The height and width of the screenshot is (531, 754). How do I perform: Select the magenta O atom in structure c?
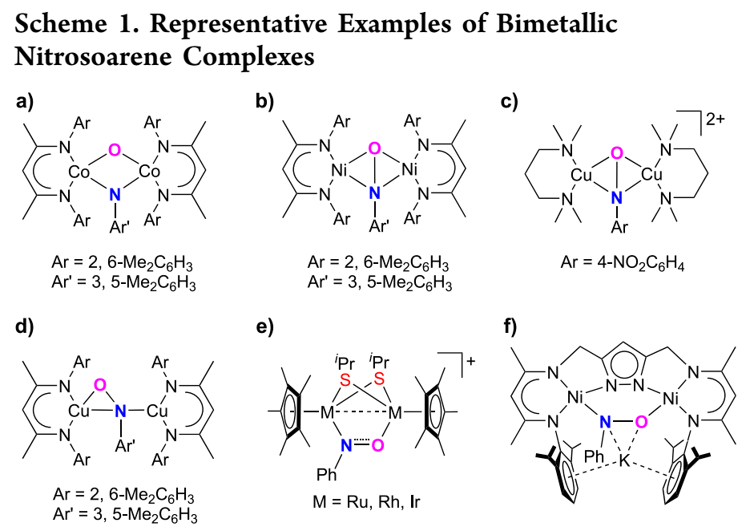616,152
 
